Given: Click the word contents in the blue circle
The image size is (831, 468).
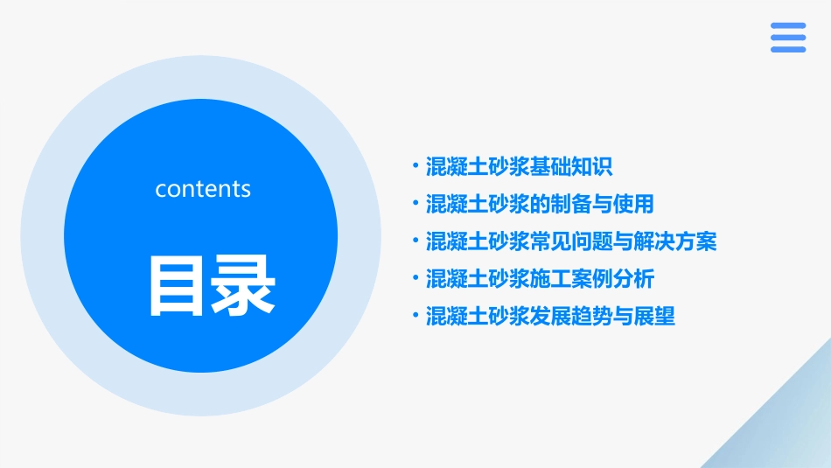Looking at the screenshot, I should pos(203,189).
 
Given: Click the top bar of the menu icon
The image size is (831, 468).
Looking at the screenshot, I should pos(788,25).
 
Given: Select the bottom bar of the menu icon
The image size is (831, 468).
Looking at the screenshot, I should pos(788,49).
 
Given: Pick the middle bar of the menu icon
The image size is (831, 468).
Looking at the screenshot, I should pos(788,38).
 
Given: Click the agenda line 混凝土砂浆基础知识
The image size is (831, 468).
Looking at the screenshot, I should pos(519,166).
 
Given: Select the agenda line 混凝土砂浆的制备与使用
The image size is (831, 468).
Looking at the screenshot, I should pos(539,204).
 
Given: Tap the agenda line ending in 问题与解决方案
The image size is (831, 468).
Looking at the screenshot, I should pos(570,241).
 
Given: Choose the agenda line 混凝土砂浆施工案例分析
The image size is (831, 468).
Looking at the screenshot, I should pos(539,279).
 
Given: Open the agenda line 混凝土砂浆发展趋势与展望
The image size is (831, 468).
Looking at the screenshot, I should pos(549,317).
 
